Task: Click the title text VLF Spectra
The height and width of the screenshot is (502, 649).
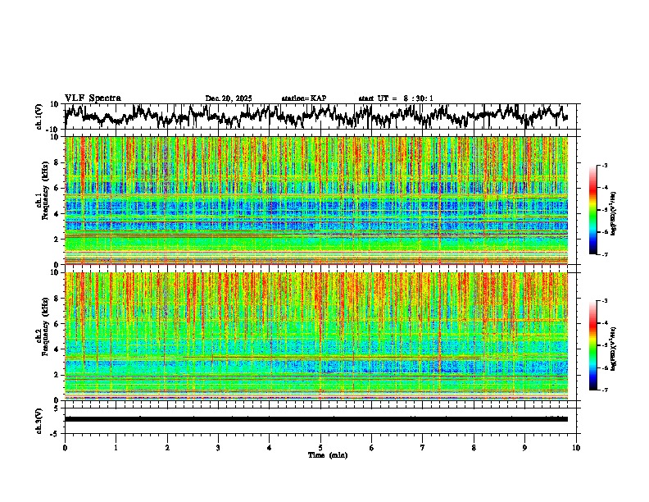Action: [x=93, y=98]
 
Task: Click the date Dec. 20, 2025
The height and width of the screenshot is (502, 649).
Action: [x=229, y=98]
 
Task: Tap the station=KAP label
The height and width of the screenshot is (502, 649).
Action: [x=303, y=98]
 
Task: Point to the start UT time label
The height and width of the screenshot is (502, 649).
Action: [x=396, y=98]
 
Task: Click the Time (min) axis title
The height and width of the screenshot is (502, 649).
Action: [x=327, y=454]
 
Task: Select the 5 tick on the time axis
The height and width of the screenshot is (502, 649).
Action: [x=320, y=447]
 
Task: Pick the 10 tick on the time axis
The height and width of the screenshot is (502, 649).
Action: [x=576, y=447]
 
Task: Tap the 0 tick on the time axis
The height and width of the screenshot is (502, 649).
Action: [x=65, y=447]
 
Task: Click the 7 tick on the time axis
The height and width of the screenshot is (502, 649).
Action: [x=423, y=447]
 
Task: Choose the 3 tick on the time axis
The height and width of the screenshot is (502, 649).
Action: [x=218, y=447]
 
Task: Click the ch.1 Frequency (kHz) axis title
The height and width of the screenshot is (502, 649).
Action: [x=40, y=200]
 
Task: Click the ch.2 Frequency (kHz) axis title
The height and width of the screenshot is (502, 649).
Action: [x=40, y=335]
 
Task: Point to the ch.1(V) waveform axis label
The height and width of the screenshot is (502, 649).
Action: [x=40, y=116]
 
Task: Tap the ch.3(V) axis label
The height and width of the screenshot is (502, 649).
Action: [x=40, y=419]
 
